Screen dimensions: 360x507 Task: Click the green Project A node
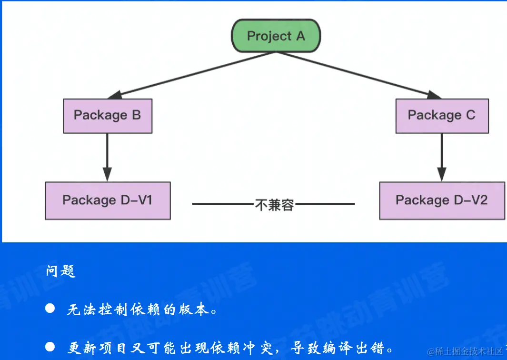pos(276,36)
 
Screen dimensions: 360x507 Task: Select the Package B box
pos(108,116)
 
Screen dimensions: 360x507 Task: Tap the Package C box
pos(442,116)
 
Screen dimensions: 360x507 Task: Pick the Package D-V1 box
pos(108,200)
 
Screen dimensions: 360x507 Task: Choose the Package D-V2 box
pos(442,200)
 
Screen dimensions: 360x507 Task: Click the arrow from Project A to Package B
pos(190,75)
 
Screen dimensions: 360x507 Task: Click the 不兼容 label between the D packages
pos(274,205)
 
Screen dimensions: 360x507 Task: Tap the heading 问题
pos(61,271)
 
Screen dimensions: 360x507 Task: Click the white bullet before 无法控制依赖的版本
pos(50,309)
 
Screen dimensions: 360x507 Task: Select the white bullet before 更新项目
pos(50,347)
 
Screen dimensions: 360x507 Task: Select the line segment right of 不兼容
pos(325,204)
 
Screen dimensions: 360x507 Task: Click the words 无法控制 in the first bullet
pos(98,310)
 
